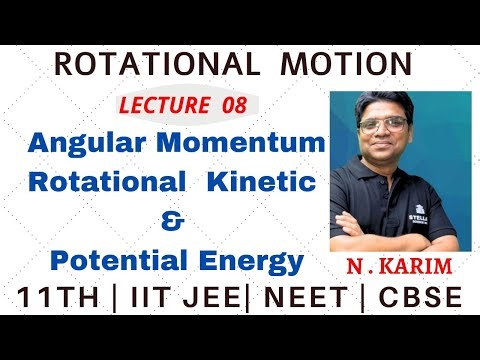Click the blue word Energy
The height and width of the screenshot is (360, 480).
coord(247,263)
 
